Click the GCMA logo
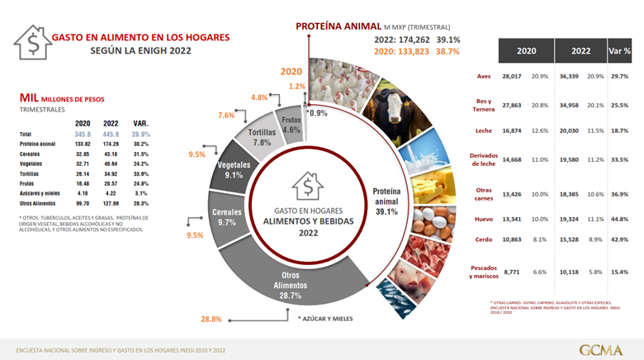coord(601,348)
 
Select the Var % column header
coord(619,50)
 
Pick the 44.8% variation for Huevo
coord(620,219)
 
